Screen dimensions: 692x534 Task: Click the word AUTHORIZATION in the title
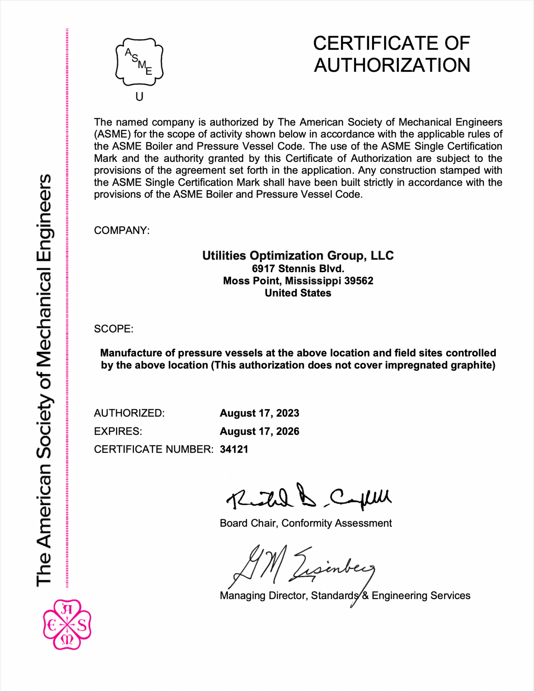pos(392,65)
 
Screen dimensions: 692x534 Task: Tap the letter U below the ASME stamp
pos(139,97)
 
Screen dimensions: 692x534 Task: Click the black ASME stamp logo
pos(139,62)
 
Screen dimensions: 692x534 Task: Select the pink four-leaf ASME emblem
pos(67,624)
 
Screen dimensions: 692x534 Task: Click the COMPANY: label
pos(122,230)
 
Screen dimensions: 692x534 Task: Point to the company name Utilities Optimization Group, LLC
pos(298,256)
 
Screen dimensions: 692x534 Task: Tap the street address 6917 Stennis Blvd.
pos(298,269)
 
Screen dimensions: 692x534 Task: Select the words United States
pos(298,293)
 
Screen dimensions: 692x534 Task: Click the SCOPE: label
pos(113,329)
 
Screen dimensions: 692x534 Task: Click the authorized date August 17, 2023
pos(259,413)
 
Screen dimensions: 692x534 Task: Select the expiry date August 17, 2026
pos(259,431)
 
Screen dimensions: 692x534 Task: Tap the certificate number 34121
pos(234,449)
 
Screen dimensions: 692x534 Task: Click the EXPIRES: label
pos(118,431)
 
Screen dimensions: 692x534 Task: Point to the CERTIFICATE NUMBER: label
pos(154,449)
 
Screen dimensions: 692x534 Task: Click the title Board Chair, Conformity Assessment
pos(306,523)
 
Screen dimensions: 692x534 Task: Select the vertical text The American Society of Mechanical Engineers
pos(44,380)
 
